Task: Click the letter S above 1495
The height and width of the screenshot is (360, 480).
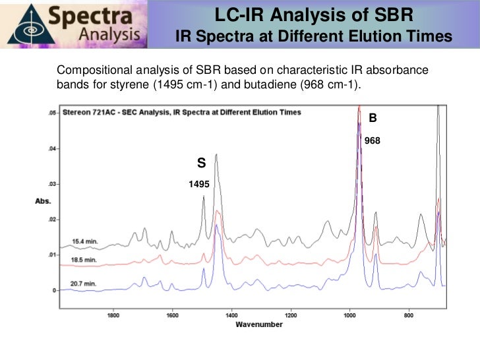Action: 201,162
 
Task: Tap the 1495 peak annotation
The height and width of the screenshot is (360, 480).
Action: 199,185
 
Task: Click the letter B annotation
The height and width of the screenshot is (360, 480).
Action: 373,118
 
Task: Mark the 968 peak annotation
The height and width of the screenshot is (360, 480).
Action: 373,140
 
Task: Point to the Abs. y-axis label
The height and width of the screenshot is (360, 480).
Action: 44,201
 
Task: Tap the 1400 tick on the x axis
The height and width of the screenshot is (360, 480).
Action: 231,315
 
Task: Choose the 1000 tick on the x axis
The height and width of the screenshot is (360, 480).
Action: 349,315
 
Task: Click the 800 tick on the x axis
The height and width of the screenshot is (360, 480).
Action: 409,315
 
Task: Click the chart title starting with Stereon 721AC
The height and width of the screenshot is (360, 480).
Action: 182,112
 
